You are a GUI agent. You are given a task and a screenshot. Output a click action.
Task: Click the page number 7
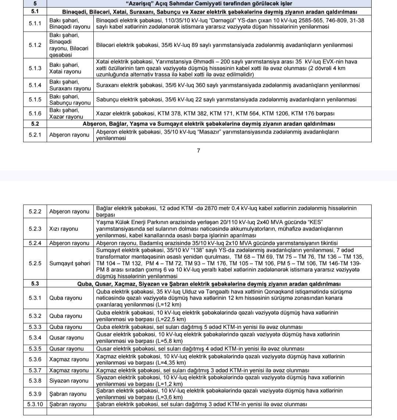[198, 150]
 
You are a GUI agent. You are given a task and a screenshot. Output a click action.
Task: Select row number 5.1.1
[35, 24]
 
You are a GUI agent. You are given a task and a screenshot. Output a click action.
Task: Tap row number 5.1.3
[35, 68]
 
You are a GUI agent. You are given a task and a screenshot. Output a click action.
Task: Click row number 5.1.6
[35, 113]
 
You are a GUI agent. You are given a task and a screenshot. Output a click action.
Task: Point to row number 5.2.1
[35, 135]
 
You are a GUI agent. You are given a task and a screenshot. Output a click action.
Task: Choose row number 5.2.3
[35, 229]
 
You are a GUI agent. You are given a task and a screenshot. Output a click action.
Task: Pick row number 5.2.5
[35, 264]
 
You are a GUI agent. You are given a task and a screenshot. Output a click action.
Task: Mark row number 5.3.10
[35, 404]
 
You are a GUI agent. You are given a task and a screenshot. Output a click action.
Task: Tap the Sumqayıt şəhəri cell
[69, 264]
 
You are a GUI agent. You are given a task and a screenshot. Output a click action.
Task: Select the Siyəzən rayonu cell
[69, 381]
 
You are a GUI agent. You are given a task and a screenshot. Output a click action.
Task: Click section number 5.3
[35, 284]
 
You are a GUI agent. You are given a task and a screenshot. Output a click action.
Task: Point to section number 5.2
[35, 124]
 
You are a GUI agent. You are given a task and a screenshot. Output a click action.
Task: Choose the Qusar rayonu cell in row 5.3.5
[67, 349]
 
